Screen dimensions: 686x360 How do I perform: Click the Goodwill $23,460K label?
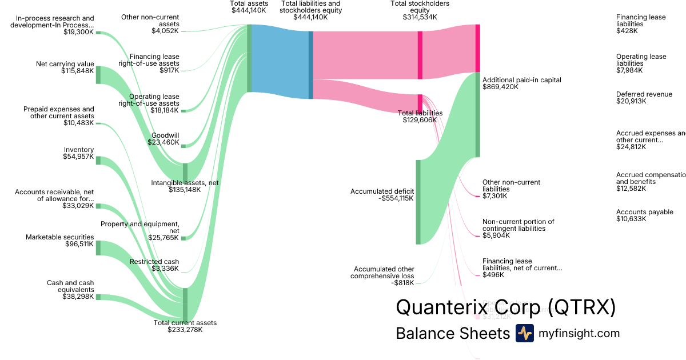click(165, 139)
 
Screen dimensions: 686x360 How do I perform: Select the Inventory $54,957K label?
click(78, 153)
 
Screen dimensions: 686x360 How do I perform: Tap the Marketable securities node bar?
click(98, 247)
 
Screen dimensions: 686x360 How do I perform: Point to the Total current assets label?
click(185, 326)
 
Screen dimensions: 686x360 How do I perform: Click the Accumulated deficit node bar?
click(418, 202)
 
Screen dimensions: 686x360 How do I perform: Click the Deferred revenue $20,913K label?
click(644, 98)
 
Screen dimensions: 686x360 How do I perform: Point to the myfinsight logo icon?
click(524, 333)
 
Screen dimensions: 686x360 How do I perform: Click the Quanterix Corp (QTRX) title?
click(505, 307)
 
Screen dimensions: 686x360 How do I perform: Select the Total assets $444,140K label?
click(249, 7)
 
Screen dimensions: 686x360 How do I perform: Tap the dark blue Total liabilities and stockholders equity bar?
click(311, 65)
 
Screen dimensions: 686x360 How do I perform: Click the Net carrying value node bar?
click(98, 75)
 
